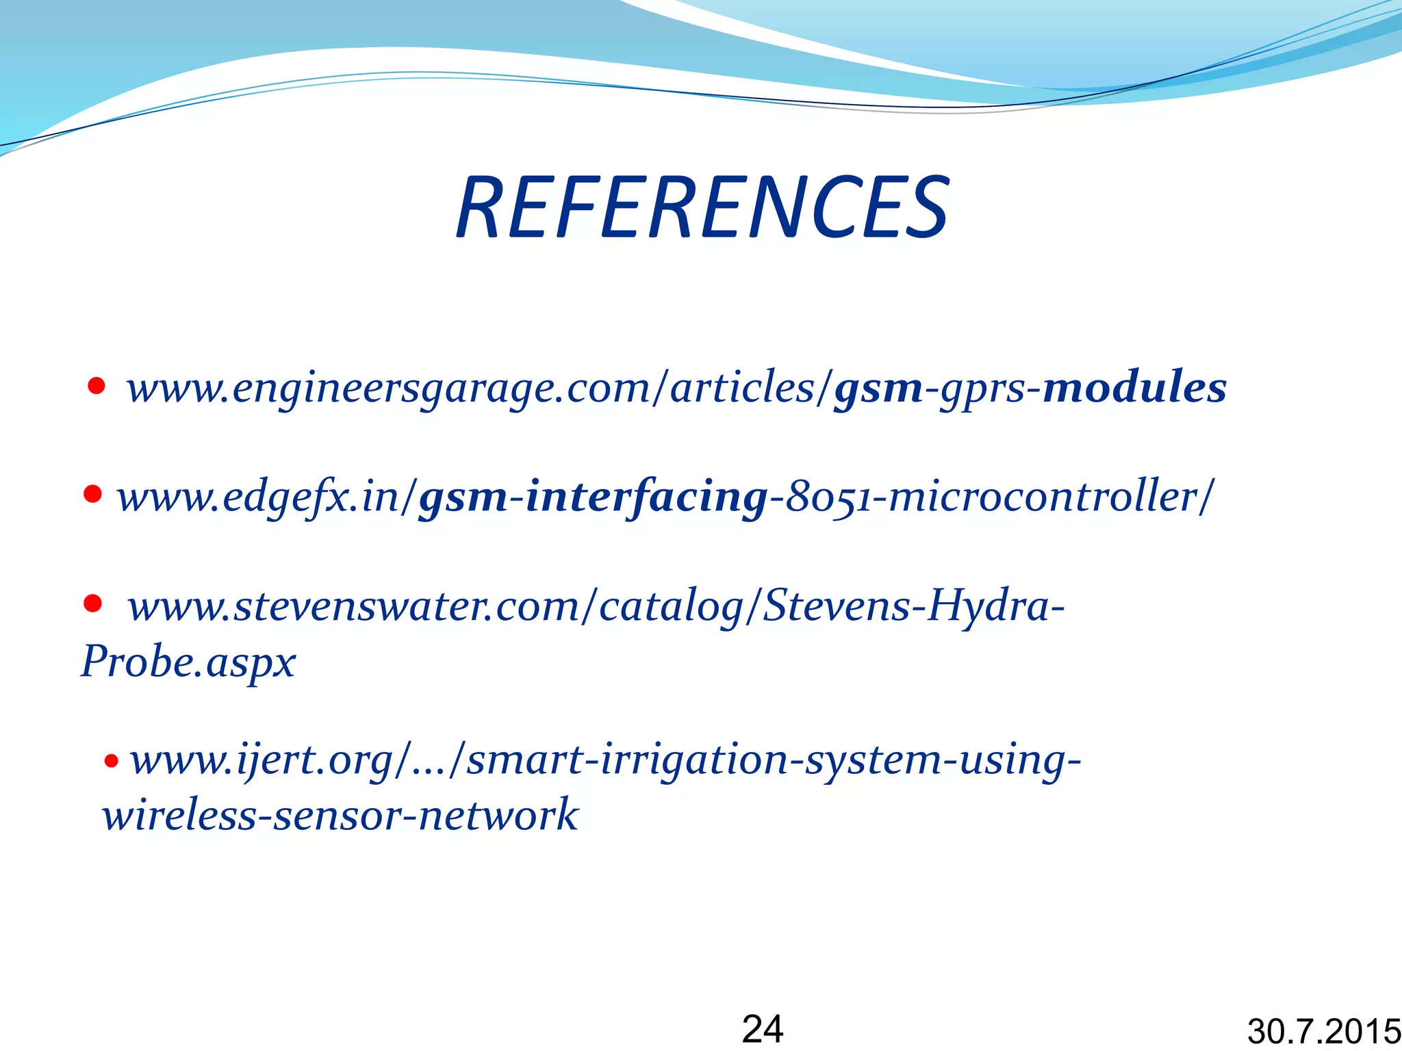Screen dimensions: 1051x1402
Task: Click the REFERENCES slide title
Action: [703, 207]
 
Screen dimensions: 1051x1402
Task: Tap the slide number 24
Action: [763, 1028]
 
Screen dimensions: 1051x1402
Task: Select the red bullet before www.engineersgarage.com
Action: [97, 387]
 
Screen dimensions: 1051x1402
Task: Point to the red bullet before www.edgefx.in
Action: [92, 493]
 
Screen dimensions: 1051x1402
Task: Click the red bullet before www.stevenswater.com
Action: [92, 604]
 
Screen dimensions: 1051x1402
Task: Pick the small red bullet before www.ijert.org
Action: [112, 760]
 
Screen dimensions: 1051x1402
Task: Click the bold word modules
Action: [1134, 387]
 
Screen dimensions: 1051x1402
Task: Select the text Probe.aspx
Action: [188, 662]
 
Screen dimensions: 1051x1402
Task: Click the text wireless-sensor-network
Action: [340, 815]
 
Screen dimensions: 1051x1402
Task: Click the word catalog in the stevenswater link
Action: [670, 607]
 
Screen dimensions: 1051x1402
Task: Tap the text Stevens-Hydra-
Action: [914, 606]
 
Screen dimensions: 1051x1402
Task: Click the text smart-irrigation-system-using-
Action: [774, 760]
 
